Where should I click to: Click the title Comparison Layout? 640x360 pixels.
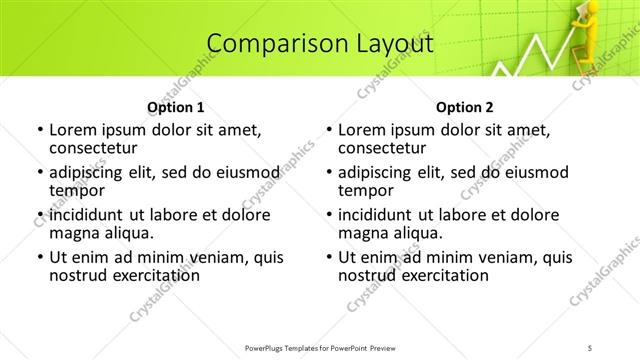click(x=320, y=43)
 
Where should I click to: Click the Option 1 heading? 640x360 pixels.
click(x=176, y=106)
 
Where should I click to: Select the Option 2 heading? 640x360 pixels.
click(x=465, y=106)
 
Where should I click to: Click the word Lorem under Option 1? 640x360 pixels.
click(x=72, y=130)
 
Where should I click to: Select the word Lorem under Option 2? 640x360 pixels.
click(x=361, y=130)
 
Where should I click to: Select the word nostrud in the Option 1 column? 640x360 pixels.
click(x=77, y=275)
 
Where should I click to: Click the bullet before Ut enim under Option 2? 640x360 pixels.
click(x=329, y=257)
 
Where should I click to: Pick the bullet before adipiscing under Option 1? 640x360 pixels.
click(x=40, y=173)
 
